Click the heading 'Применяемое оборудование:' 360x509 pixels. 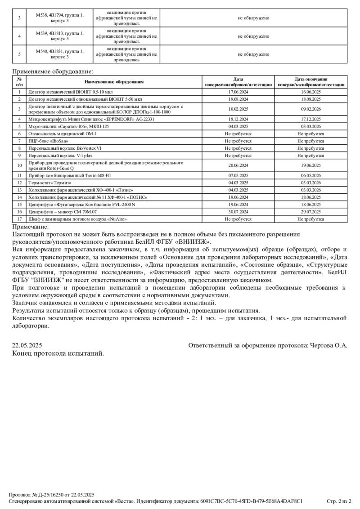(x=53, y=71)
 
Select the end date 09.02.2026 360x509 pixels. (x=310, y=109)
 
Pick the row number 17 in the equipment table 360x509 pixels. (x=19, y=219)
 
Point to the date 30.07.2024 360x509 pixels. (x=238, y=211)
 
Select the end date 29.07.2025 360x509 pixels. (x=310, y=211)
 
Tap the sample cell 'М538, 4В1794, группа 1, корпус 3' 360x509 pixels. (x=60, y=18)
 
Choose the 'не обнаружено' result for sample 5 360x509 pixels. (x=253, y=54)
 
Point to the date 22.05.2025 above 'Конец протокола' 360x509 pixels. (x=27, y=345)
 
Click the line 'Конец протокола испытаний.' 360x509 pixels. (x=58, y=353)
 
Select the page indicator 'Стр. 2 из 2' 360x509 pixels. (x=338, y=500)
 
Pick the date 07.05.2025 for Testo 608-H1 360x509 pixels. (x=238, y=175)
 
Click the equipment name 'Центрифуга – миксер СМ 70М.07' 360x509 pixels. (x=63, y=211)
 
